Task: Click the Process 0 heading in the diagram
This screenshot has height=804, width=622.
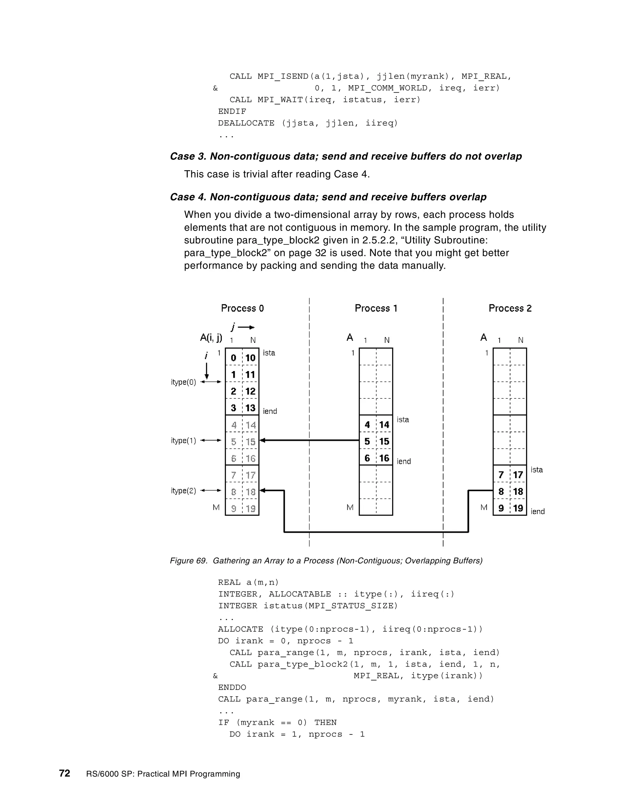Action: (242, 308)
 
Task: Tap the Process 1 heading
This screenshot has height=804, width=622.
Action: (376, 308)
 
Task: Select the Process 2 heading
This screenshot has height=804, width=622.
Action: (510, 308)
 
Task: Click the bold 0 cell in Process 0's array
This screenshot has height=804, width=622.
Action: (233, 358)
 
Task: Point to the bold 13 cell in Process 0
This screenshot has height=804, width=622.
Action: (251, 408)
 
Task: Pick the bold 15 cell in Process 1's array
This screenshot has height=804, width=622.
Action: (384, 441)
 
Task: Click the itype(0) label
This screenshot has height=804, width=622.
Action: (183, 382)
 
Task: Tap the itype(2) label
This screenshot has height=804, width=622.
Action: (183, 491)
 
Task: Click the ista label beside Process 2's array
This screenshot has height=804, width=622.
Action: (537, 470)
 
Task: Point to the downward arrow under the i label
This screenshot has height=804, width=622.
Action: (207, 371)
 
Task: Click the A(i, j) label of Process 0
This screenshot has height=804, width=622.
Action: (211, 338)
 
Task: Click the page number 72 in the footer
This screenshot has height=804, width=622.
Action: (64, 773)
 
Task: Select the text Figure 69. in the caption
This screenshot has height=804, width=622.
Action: (189, 561)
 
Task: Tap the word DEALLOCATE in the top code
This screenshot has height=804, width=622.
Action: (246, 123)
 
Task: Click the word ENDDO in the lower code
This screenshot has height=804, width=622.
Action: (232, 687)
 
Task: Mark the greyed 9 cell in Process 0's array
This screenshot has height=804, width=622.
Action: (234, 509)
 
